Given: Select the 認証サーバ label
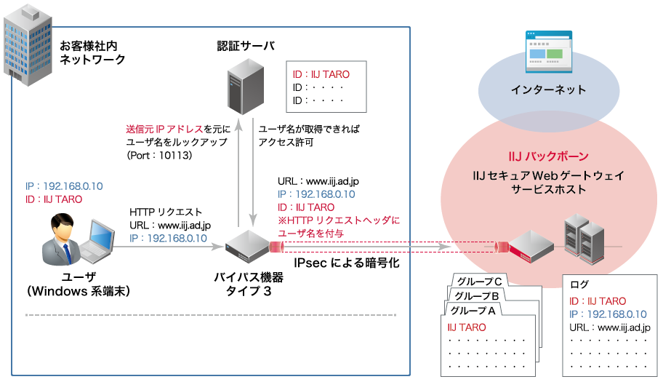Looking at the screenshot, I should [246, 46].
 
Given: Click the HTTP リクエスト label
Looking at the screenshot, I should [166, 212].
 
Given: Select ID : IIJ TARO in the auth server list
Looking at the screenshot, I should [321, 74].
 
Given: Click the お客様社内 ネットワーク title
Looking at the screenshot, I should [92, 52].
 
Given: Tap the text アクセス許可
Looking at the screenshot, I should [286, 143].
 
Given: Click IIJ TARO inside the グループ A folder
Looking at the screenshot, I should [467, 327].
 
